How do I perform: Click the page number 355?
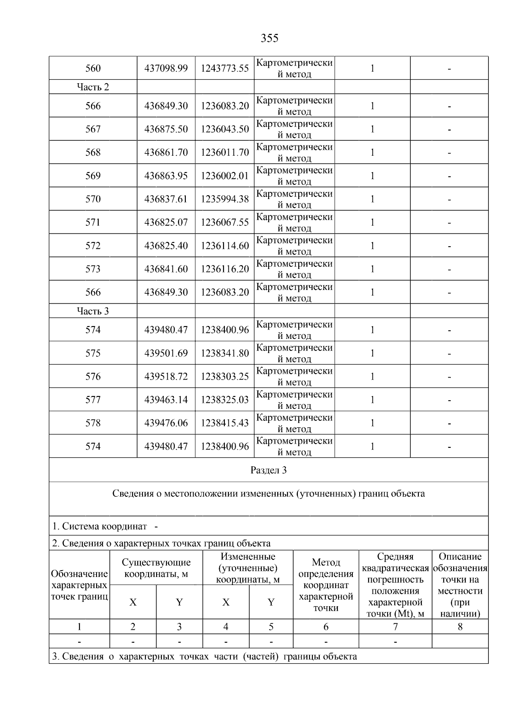coord(270,39)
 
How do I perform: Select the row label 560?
coord(93,68)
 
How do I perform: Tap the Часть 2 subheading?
coord(93,87)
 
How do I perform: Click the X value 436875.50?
coord(166,129)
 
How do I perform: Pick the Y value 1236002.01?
coord(225,176)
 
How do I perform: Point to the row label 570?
coord(93,199)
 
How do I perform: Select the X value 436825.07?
coord(166,222)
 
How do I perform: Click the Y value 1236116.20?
coord(225,269)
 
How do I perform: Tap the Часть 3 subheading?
coord(93,311)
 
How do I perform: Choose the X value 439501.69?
coord(166,353)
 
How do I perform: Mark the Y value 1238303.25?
coord(225,377)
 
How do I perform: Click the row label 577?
coord(93,400)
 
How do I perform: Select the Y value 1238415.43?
coord(225,423)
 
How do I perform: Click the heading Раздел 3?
coord(269,470)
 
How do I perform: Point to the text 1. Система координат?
coord(100,526)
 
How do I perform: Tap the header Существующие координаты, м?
coord(156,568)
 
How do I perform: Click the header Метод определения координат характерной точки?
coord(326,585)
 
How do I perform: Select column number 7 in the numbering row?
coord(395,627)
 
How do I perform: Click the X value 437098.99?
coord(166,68)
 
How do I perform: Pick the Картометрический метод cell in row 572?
coord(294,246)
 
